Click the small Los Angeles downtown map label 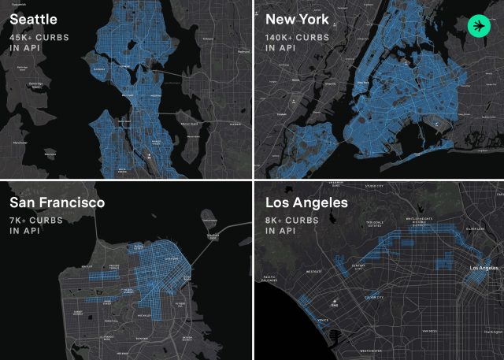[484, 269]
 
